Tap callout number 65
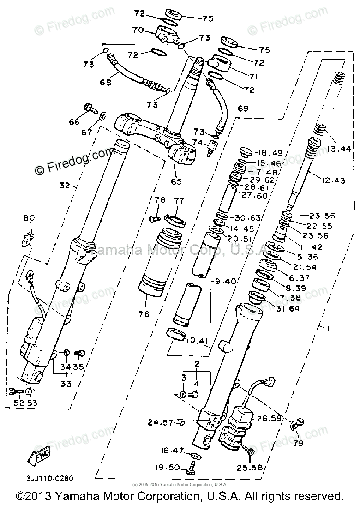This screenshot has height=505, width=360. (x=177, y=181)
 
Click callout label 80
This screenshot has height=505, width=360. (x=29, y=217)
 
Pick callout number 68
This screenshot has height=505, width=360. (x=106, y=83)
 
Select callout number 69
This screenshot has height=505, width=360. (x=243, y=108)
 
